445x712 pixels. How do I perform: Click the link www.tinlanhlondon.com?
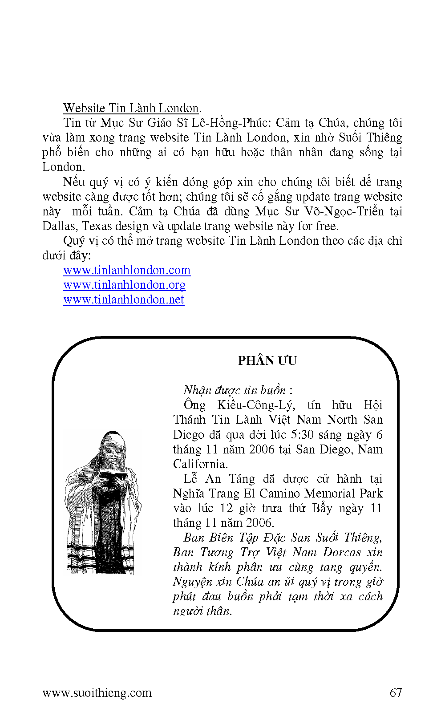[127, 271]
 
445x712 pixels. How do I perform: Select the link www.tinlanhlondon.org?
[124, 285]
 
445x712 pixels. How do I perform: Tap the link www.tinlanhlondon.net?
[124, 300]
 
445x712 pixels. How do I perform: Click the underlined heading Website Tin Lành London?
[131, 108]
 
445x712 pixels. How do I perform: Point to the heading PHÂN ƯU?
[267, 361]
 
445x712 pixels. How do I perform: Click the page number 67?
[396, 693]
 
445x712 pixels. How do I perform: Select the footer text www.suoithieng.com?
[97, 693]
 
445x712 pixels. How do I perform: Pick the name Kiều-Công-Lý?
[255, 405]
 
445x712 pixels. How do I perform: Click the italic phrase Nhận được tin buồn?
[235, 391]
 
